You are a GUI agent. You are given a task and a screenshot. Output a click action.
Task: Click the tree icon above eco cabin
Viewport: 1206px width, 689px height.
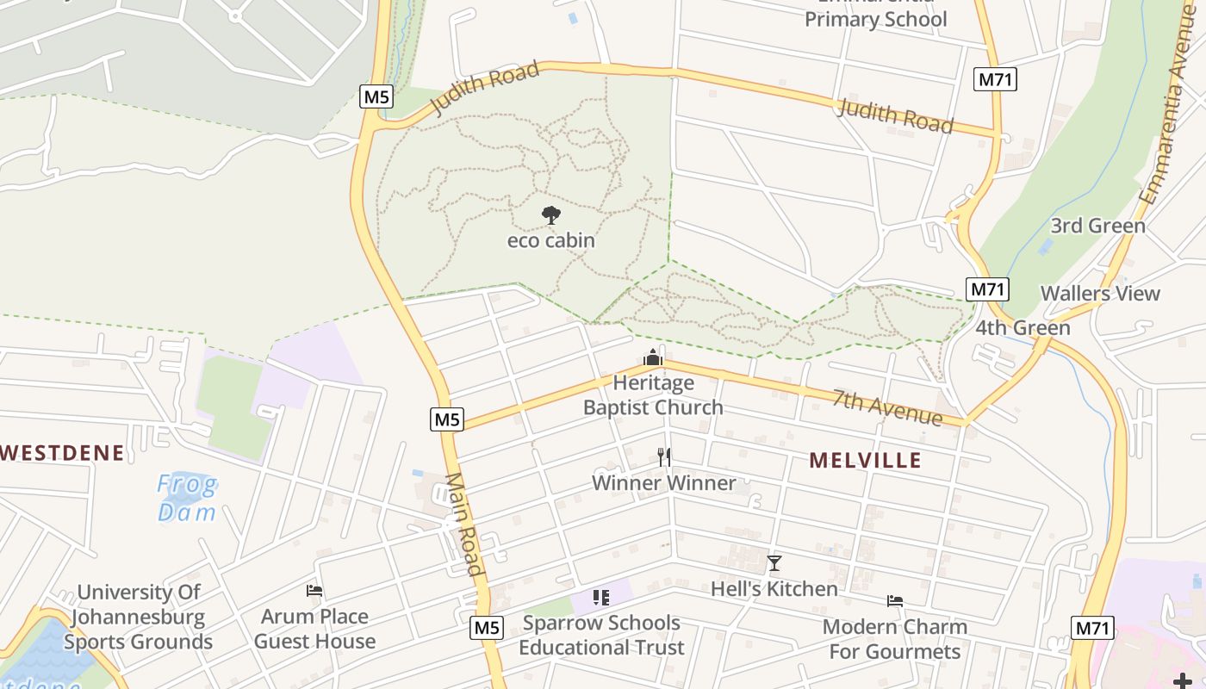(551, 215)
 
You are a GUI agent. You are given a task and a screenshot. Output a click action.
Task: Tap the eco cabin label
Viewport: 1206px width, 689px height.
(551, 240)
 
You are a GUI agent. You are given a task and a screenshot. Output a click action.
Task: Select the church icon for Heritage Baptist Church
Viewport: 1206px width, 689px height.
(653, 357)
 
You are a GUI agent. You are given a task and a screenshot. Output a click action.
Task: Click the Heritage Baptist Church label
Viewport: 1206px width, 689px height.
(653, 395)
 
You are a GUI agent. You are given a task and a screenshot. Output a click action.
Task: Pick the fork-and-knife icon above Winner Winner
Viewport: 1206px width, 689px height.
(663, 456)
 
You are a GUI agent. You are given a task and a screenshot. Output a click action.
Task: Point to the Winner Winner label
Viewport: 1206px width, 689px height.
(663, 483)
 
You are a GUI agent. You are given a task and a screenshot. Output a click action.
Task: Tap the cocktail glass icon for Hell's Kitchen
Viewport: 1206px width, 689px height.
(774, 564)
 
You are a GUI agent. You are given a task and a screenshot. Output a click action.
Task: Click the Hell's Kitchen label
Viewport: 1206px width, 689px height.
(774, 589)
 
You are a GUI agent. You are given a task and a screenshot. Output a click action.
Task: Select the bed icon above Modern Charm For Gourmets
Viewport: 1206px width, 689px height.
(895, 601)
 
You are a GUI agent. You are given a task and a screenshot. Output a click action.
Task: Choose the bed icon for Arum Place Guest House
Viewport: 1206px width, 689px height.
(314, 591)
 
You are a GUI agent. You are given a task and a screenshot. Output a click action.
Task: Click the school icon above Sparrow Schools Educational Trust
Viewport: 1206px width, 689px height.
(601, 597)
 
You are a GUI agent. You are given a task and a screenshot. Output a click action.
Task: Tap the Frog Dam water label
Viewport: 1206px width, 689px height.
(187, 499)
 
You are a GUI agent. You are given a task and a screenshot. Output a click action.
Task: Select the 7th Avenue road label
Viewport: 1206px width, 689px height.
(887, 407)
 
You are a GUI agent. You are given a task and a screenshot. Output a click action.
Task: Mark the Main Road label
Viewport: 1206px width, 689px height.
(464, 524)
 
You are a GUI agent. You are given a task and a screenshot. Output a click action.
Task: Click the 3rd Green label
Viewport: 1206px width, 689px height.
(1097, 227)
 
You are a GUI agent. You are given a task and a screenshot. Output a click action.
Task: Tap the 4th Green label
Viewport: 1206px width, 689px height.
(1023, 328)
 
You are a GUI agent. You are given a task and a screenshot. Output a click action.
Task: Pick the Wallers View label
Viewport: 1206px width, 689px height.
(1100, 294)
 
